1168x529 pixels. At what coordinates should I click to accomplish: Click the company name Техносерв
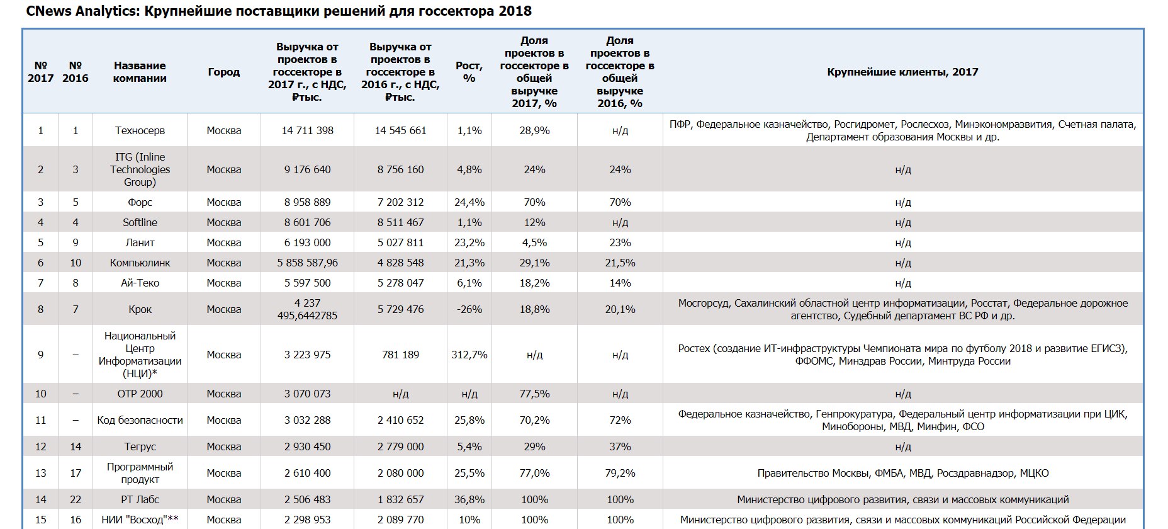tap(140, 130)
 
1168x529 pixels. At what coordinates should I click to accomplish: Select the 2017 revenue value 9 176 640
tap(307, 169)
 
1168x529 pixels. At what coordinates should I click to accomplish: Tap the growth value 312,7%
tap(469, 355)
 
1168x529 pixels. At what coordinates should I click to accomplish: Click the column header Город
tap(223, 72)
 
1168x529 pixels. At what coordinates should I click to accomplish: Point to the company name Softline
tap(140, 222)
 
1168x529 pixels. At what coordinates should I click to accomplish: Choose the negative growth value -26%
tap(469, 309)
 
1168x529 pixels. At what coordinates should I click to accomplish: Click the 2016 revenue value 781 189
tap(400, 355)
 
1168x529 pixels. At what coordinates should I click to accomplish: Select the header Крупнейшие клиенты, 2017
tap(902, 72)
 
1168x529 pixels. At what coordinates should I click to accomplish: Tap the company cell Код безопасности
tap(140, 420)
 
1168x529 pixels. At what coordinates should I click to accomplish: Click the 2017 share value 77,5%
tap(534, 394)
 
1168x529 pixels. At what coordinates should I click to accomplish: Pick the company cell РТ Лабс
tap(140, 499)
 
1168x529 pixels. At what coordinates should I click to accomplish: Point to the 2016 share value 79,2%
tap(620, 473)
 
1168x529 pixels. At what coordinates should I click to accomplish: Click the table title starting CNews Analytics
tap(279, 11)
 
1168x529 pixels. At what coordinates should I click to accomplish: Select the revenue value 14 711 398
tap(307, 130)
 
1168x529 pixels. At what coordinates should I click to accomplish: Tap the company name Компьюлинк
tap(140, 263)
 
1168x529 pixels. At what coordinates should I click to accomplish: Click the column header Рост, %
tap(469, 72)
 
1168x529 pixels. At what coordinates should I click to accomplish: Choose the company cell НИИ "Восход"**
tap(140, 520)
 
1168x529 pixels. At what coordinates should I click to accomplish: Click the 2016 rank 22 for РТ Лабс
tap(76, 499)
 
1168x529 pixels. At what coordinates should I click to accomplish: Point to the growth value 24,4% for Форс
tap(469, 202)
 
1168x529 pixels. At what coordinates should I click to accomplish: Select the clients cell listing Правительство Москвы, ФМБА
tap(902, 473)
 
